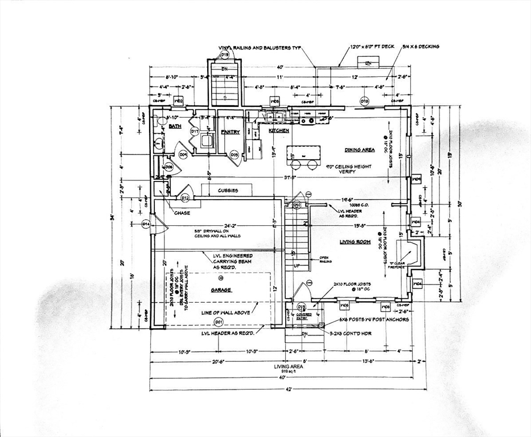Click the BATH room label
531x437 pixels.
click(x=175, y=127)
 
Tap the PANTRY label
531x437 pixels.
click(x=230, y=132)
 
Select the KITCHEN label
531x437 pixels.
click(x=279, y=131)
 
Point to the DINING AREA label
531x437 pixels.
click(x=359, y=150)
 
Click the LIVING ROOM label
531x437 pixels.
click(x=355, y=242)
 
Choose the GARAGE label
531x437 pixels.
click(x=221, y=290)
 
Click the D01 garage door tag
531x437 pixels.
click(x=218, y=322)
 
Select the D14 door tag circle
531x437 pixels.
click(x=146, y=224)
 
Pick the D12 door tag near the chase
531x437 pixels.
click(x=185, y=198)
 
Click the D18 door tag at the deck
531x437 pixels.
click(x=364, y=101)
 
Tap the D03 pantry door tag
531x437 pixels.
click(x=234, y=154)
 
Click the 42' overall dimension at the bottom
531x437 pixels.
click(x=289, y=389)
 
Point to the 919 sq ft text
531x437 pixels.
click(x=289, y=372)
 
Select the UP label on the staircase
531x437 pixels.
click(x=296, y=265)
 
